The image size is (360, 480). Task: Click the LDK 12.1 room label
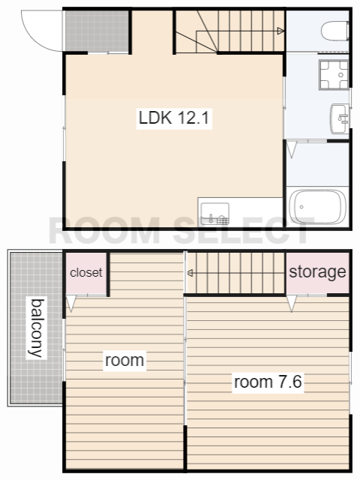coord(174,118)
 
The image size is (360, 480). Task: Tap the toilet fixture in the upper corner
coord(335,30)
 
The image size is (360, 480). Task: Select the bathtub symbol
coord(318,207)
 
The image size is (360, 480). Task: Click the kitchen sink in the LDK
coord(215,214)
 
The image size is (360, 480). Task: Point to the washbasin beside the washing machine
coord(340,118)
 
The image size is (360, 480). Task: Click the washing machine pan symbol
coord(334,75)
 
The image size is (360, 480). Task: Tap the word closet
coord(86,272)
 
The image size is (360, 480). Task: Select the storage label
coord(317,271)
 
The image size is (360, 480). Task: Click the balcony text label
coord(37,328)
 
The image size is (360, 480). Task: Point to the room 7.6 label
coord(268,382)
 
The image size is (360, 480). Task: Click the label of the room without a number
coord(124,360)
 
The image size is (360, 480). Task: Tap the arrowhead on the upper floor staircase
coord(280,31)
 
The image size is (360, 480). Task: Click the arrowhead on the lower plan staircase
coord(190,273)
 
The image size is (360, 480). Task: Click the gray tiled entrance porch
coord(97,31)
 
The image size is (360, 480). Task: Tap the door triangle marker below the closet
coord(71,303)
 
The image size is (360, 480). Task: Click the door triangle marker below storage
coord(292,303)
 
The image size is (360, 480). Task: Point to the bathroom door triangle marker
coord(292,149)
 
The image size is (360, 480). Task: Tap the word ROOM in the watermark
coord(104,230)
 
